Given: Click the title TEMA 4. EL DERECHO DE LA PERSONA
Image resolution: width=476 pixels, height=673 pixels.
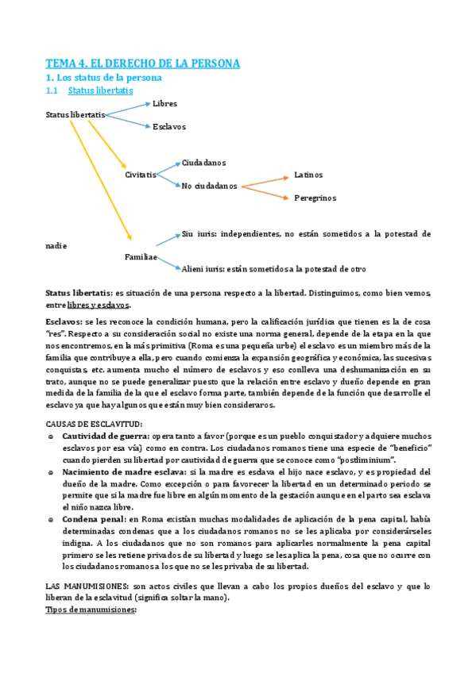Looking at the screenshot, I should [x=142, y=63].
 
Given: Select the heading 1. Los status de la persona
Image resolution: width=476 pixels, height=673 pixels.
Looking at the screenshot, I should [x=103, y=78].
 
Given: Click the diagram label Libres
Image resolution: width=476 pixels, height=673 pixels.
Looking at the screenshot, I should [x=164, y=104].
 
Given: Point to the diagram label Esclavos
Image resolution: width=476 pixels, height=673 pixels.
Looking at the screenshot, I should [x=169, y=126].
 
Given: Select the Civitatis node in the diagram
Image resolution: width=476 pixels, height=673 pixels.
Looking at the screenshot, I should [x=141, y=175].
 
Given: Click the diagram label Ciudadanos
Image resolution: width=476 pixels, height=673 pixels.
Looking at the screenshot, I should [x=203, y=163].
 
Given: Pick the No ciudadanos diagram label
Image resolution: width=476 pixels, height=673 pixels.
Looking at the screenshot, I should [x=209, y=186].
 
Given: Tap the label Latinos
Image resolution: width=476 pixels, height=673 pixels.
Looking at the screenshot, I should [x=308, y=175].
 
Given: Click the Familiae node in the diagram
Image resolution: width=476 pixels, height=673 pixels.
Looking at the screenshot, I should [x=141, y=257].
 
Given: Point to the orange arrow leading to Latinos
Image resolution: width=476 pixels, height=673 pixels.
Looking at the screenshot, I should [x=264, y=180].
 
